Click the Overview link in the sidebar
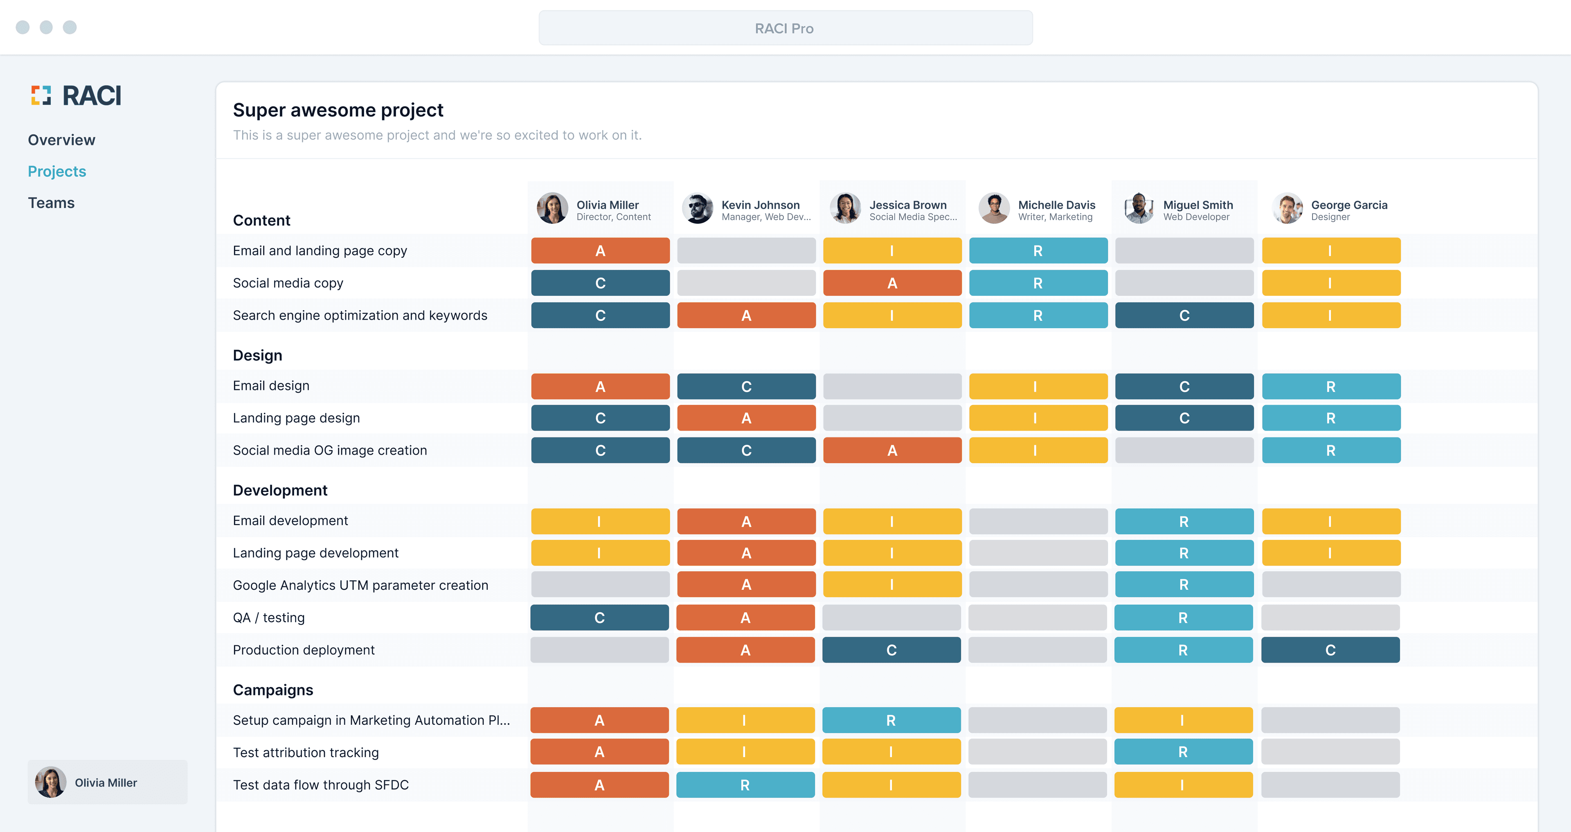[62, 140]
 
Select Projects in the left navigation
[57, 171]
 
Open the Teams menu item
[51, 203]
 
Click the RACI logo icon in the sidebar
[41, 95]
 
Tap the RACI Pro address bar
[785, 28]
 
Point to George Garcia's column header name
[1349, 205]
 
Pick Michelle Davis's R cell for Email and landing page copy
[1038, 251]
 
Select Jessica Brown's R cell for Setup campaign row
[891, 720]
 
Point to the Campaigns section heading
[272, 690]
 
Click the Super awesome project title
[338, 110]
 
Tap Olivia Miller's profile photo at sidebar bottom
[51, 782]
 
